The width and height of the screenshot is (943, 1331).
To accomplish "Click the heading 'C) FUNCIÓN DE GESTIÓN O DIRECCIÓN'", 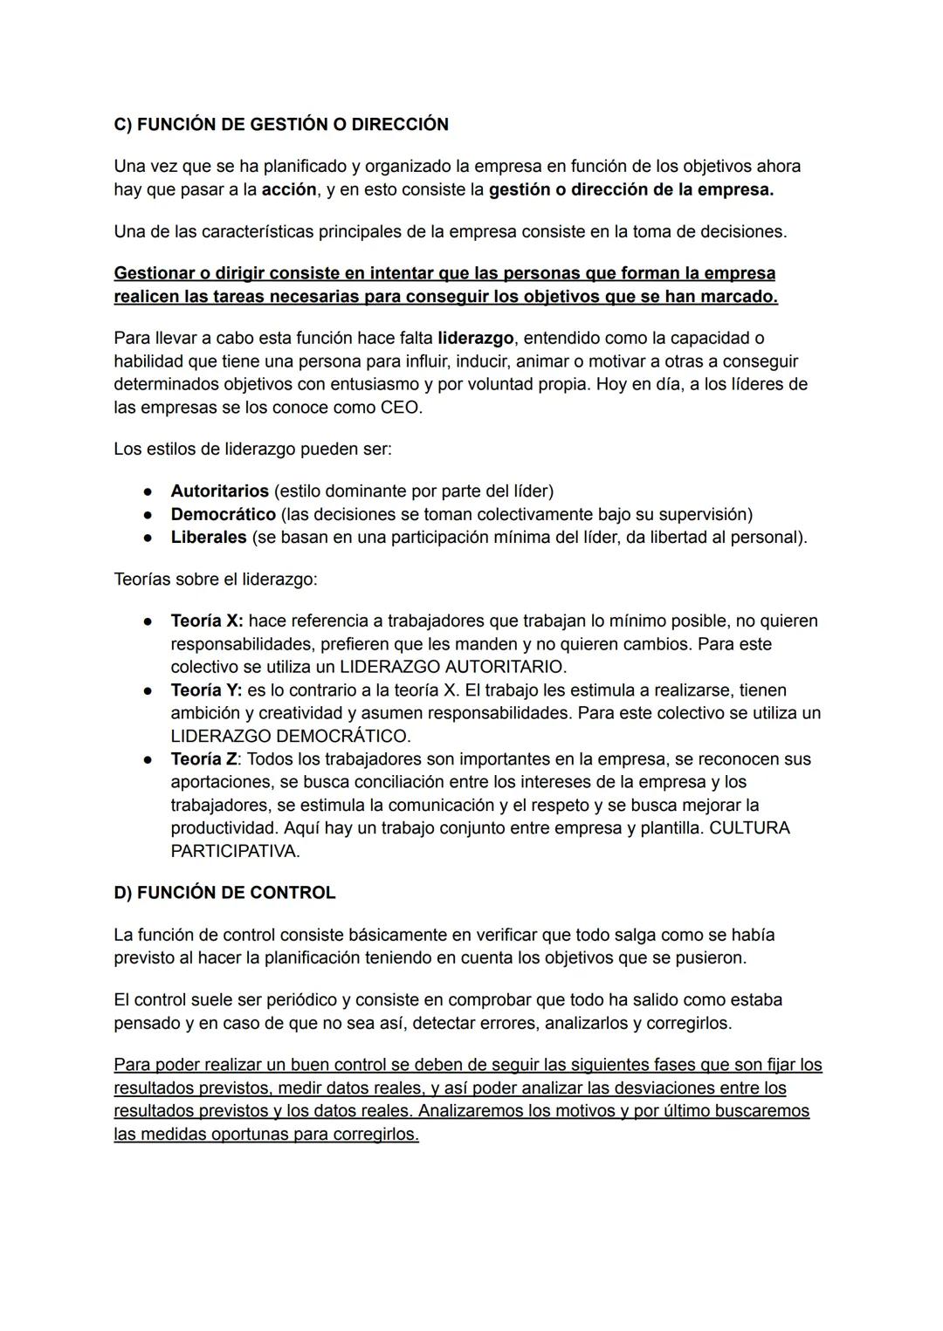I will click(x=281, y=124).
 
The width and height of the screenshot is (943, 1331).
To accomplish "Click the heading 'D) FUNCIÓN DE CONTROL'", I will click(x=224, y=892).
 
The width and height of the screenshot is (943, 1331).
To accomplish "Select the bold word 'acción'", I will click(x=288, y=189).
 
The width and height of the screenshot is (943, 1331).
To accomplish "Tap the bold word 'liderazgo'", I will click(x=475, y=338).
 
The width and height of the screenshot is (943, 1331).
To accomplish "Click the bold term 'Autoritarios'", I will click(x=219, y=491).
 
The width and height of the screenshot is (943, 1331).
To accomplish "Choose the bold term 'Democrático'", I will click(x=223, y=514).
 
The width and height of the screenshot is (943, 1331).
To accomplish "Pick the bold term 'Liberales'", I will click(x=209, y=537).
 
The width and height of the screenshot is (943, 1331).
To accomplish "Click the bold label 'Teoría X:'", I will click(x=207, y=621).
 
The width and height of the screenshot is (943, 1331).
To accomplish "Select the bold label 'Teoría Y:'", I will click(x=207, y=690).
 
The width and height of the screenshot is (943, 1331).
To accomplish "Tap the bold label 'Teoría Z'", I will click(x=203, y=759).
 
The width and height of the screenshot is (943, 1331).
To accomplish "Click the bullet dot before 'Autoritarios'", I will click(x=149, y=491).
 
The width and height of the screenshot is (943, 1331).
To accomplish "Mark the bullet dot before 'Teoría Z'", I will click(x=149, y=759).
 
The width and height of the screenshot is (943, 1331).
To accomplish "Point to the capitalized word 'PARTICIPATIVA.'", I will click(x=235, y=851).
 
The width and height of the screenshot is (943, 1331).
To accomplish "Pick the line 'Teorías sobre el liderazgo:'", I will click(x=216, y=579).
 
